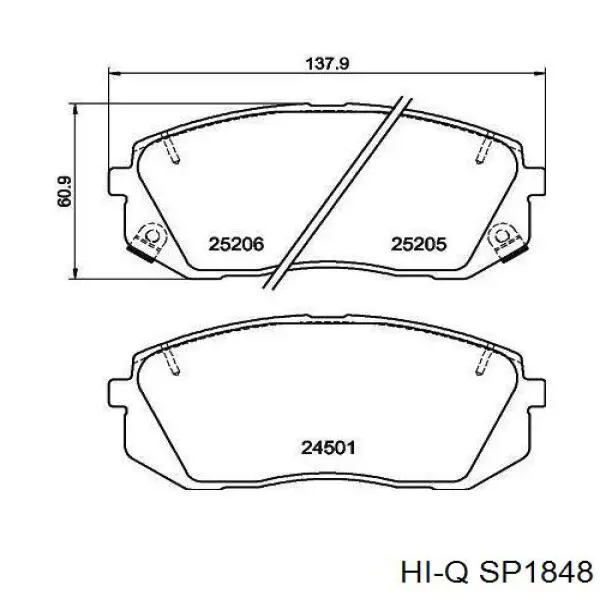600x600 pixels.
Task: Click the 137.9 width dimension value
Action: point(327,64)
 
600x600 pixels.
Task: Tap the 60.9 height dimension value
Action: point(64,191)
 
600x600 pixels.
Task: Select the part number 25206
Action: point(236,244)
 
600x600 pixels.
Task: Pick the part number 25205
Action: point(418,244)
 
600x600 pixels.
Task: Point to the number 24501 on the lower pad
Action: point(328,447)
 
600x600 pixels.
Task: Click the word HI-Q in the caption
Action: point(434,572)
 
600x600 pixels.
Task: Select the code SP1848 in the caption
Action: point(536,572)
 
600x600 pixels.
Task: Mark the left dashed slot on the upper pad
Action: point(170,148)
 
